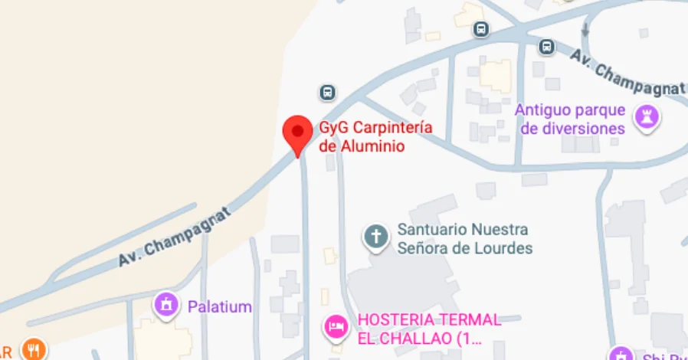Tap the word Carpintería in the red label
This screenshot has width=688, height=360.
tap(388, 127)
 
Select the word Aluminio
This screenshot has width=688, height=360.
tap(373, 145)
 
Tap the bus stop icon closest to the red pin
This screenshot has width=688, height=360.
tap(327, 93)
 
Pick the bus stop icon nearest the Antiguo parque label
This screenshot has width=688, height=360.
tap(546, 47)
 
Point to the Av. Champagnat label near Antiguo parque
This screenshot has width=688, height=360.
tap(627, 74)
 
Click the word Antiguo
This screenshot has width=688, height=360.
tap(542, 110)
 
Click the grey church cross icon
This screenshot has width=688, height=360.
tap(375, 236)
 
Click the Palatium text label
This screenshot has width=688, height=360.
tap(220, 307)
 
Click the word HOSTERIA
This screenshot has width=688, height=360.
tap(396, 319)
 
